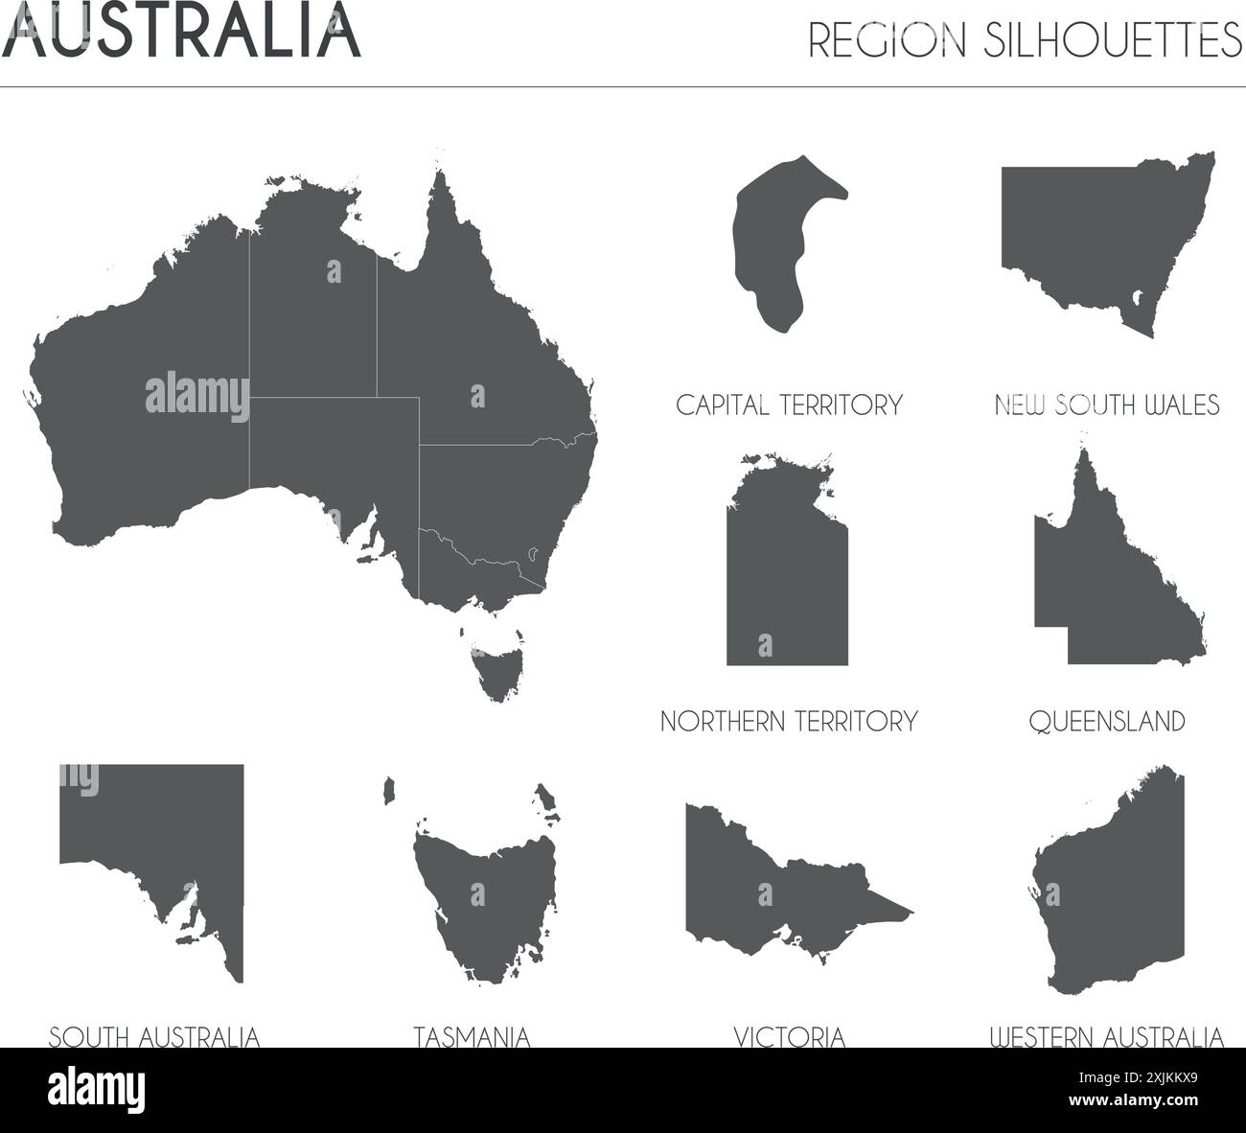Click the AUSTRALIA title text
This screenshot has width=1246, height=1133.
182,31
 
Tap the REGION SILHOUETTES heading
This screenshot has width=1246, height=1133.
1025,39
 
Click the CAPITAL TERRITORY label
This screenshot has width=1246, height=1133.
789,405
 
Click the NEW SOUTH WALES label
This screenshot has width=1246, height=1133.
1107,405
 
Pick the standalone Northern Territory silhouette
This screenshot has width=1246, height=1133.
786,575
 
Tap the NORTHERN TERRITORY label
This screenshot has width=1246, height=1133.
789,721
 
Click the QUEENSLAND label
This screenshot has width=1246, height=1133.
1107,721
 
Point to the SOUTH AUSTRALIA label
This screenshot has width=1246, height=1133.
154,1036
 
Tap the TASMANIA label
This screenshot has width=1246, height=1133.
472,1036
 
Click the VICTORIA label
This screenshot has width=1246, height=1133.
789,1036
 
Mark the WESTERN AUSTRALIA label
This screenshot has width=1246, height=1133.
1107,1036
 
